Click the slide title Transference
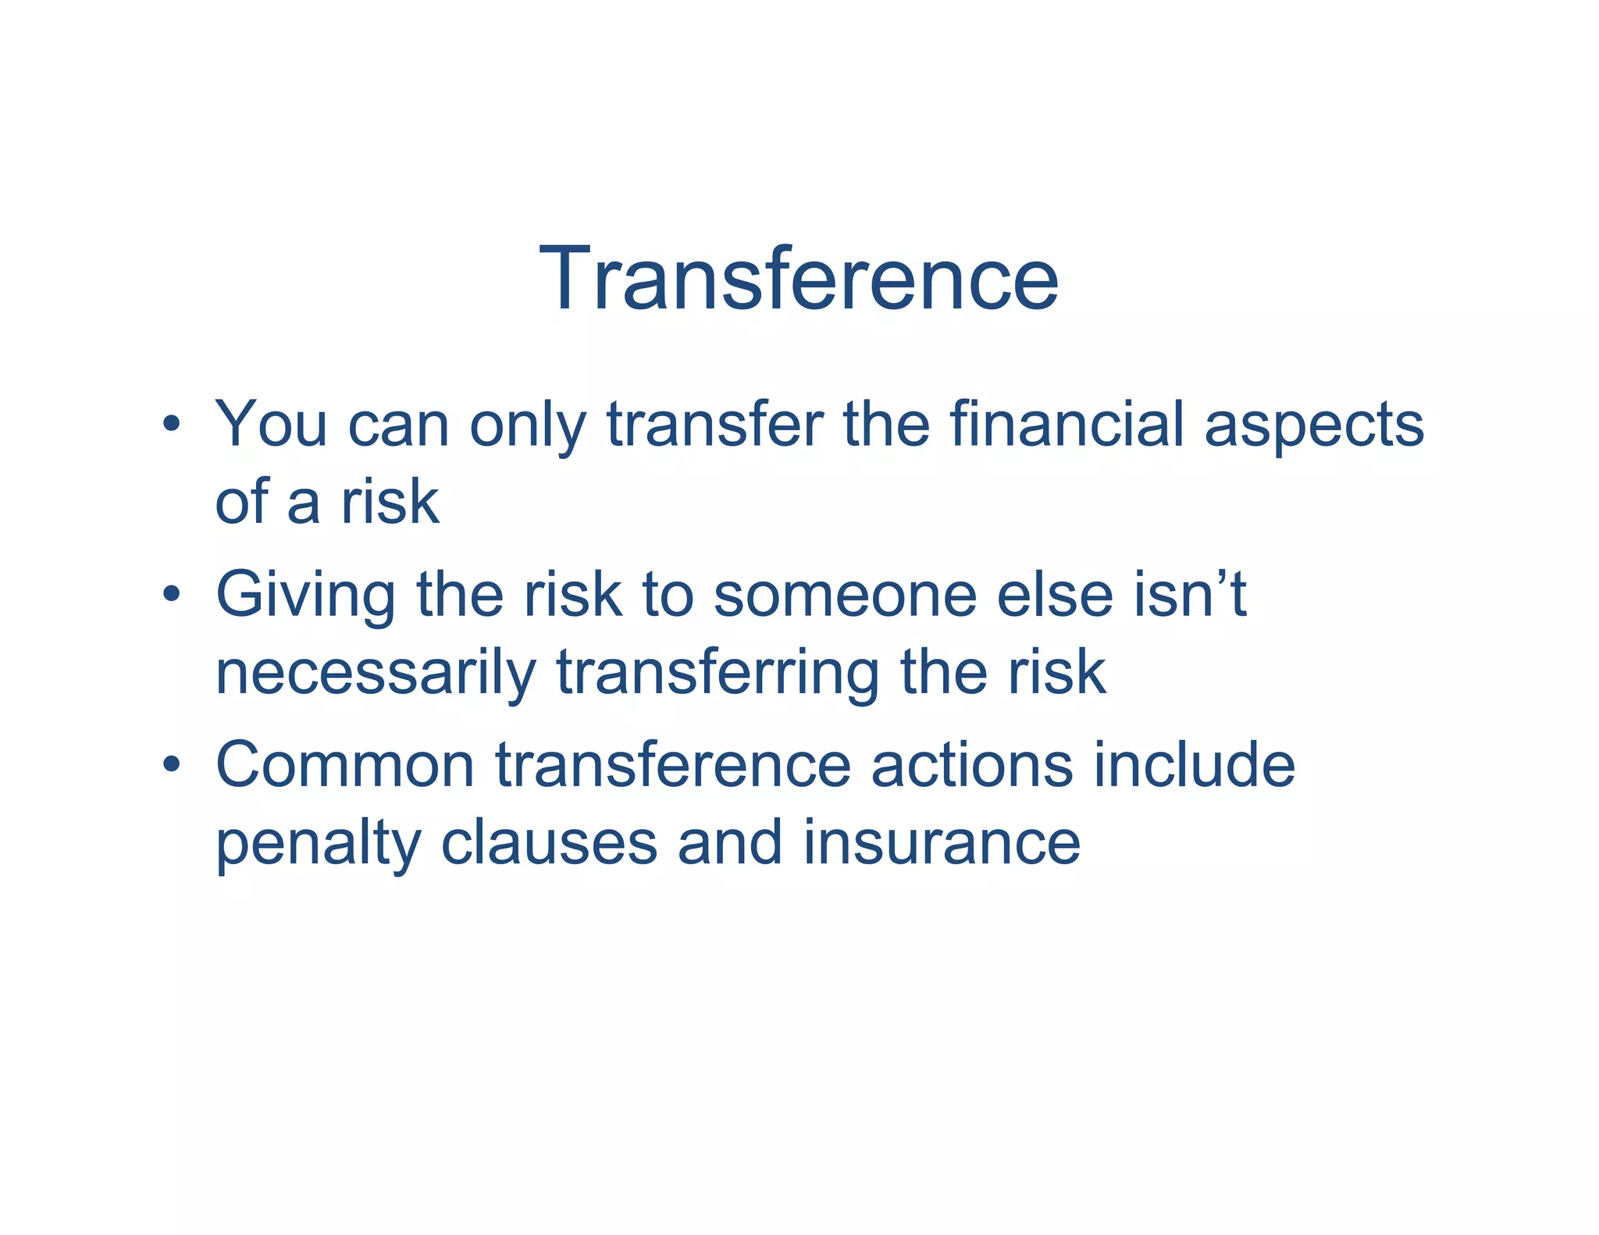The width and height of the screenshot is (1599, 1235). [x=798, y=279]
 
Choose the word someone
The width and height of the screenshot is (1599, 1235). [x=845, y=595]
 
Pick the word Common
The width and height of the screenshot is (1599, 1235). [x=345, y=765]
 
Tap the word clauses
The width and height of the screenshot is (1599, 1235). [x=549, y=843]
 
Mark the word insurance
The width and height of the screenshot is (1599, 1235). [x=942, y=843]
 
